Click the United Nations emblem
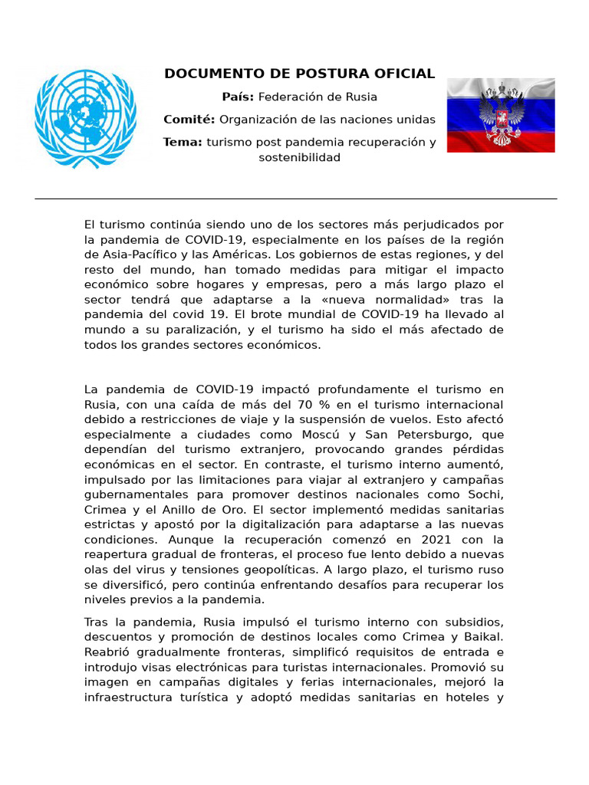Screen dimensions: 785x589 point(85,117)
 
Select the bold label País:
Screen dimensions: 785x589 point(238,97)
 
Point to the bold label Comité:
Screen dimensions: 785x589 point(189,120)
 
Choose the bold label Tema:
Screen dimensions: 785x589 point(183,143)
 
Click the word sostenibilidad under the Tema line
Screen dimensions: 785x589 point(299,158)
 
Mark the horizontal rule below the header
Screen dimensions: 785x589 point(295,199)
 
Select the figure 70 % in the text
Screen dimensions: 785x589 point(303,404)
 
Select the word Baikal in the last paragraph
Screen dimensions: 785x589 point(482,636)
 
